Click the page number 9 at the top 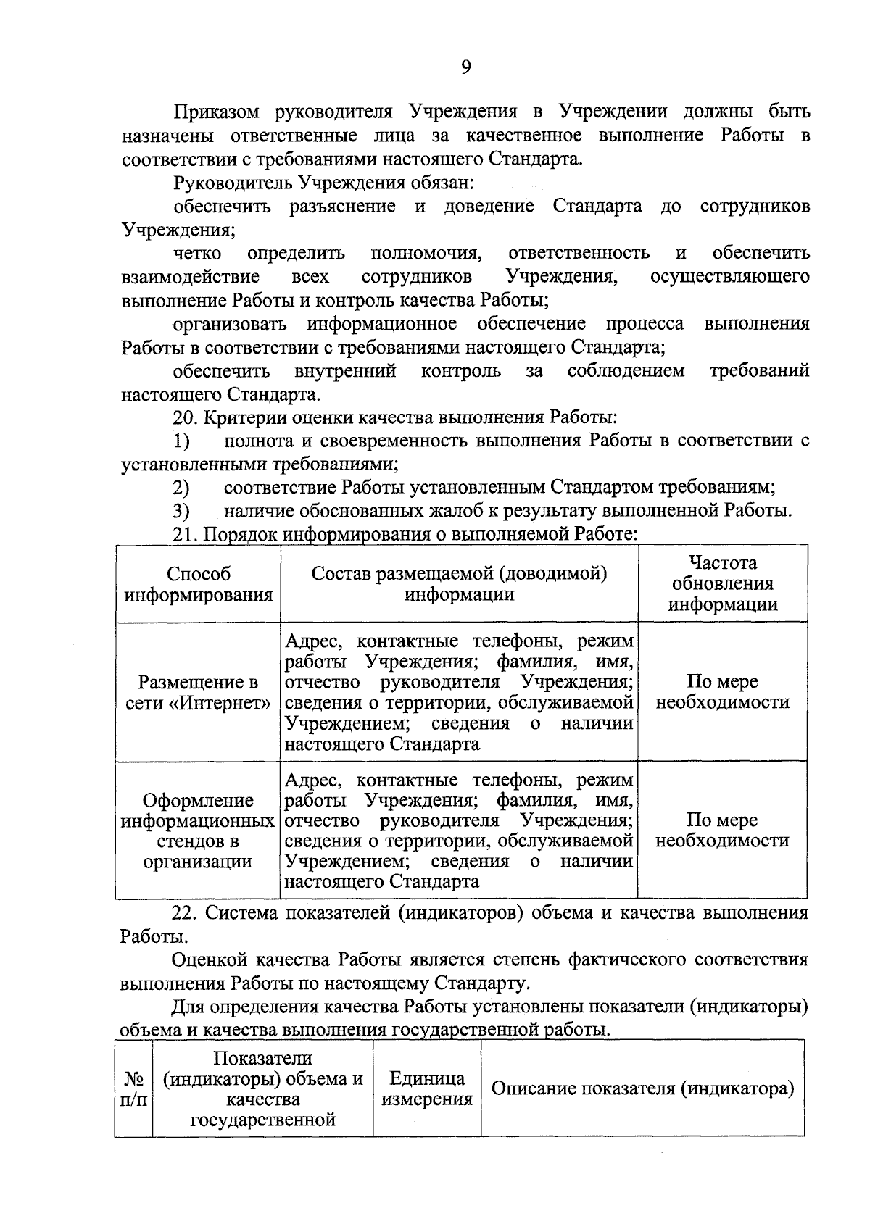pyautogui.click(x=465, y=67)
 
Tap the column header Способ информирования pyautogui.click(x=198, y=584)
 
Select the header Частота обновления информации pyautogui.click(x=722, y=583)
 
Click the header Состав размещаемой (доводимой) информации pyautogui.click(x=459, y=584)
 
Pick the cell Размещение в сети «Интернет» pyautogui.click(x=198, y=692)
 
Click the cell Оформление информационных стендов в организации pyautogui.click(x=198, y=830)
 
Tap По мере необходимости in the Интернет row pyautogui.click(x=722, y=692)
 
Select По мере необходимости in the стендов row pyautogui.click(x=722, y=830)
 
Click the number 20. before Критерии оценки pyautogui.click(x=186, y=417)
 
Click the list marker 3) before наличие pyautogui.click(x=181, y=511)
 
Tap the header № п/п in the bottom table pyautogui.click(x=133, y=1089)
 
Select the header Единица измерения pyautogui.click(x=427, y=1088)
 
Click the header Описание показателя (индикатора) pyautogui.click(x=642, y=1088)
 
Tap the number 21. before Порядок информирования pyautogui.click(x=186, y=535)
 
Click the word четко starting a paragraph pyautogui.click(x=197, y=253)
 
